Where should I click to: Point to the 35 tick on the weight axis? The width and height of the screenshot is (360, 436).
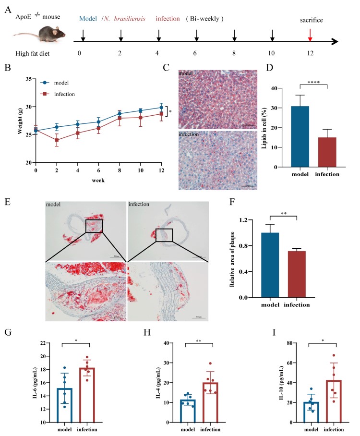coord(28,79)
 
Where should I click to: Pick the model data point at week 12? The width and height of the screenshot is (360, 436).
coord(161,108)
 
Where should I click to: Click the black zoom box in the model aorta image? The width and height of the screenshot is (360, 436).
coord(94,226)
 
